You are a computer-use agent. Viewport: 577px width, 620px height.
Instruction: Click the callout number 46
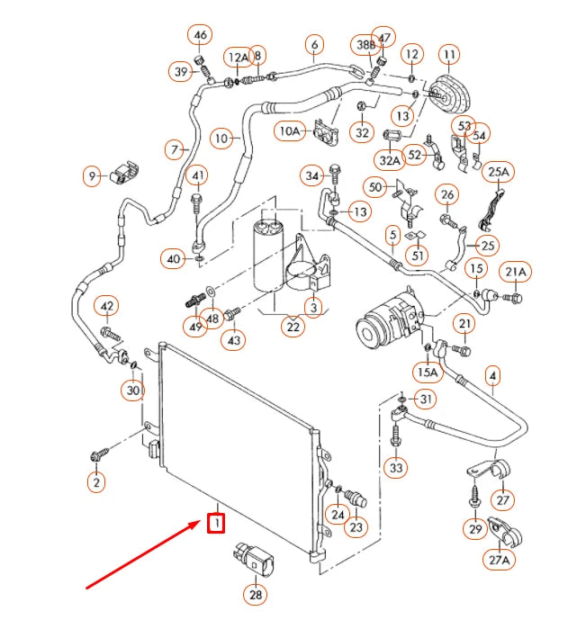200,36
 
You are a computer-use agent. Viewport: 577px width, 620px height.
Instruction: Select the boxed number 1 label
216,522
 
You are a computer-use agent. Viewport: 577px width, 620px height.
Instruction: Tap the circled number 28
256,594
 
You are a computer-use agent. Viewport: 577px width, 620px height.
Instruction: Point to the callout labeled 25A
499,171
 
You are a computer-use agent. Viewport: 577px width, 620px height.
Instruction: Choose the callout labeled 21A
516,272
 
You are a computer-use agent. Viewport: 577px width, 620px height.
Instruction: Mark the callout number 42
107,308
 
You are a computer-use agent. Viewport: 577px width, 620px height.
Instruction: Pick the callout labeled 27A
500,560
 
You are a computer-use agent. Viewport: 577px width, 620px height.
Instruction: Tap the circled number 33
396,468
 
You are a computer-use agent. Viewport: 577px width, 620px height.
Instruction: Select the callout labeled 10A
289,131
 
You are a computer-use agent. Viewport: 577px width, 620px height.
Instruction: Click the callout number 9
92,177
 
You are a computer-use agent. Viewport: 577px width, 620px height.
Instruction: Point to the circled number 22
293,327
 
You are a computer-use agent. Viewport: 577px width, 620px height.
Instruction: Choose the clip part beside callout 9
123,174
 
